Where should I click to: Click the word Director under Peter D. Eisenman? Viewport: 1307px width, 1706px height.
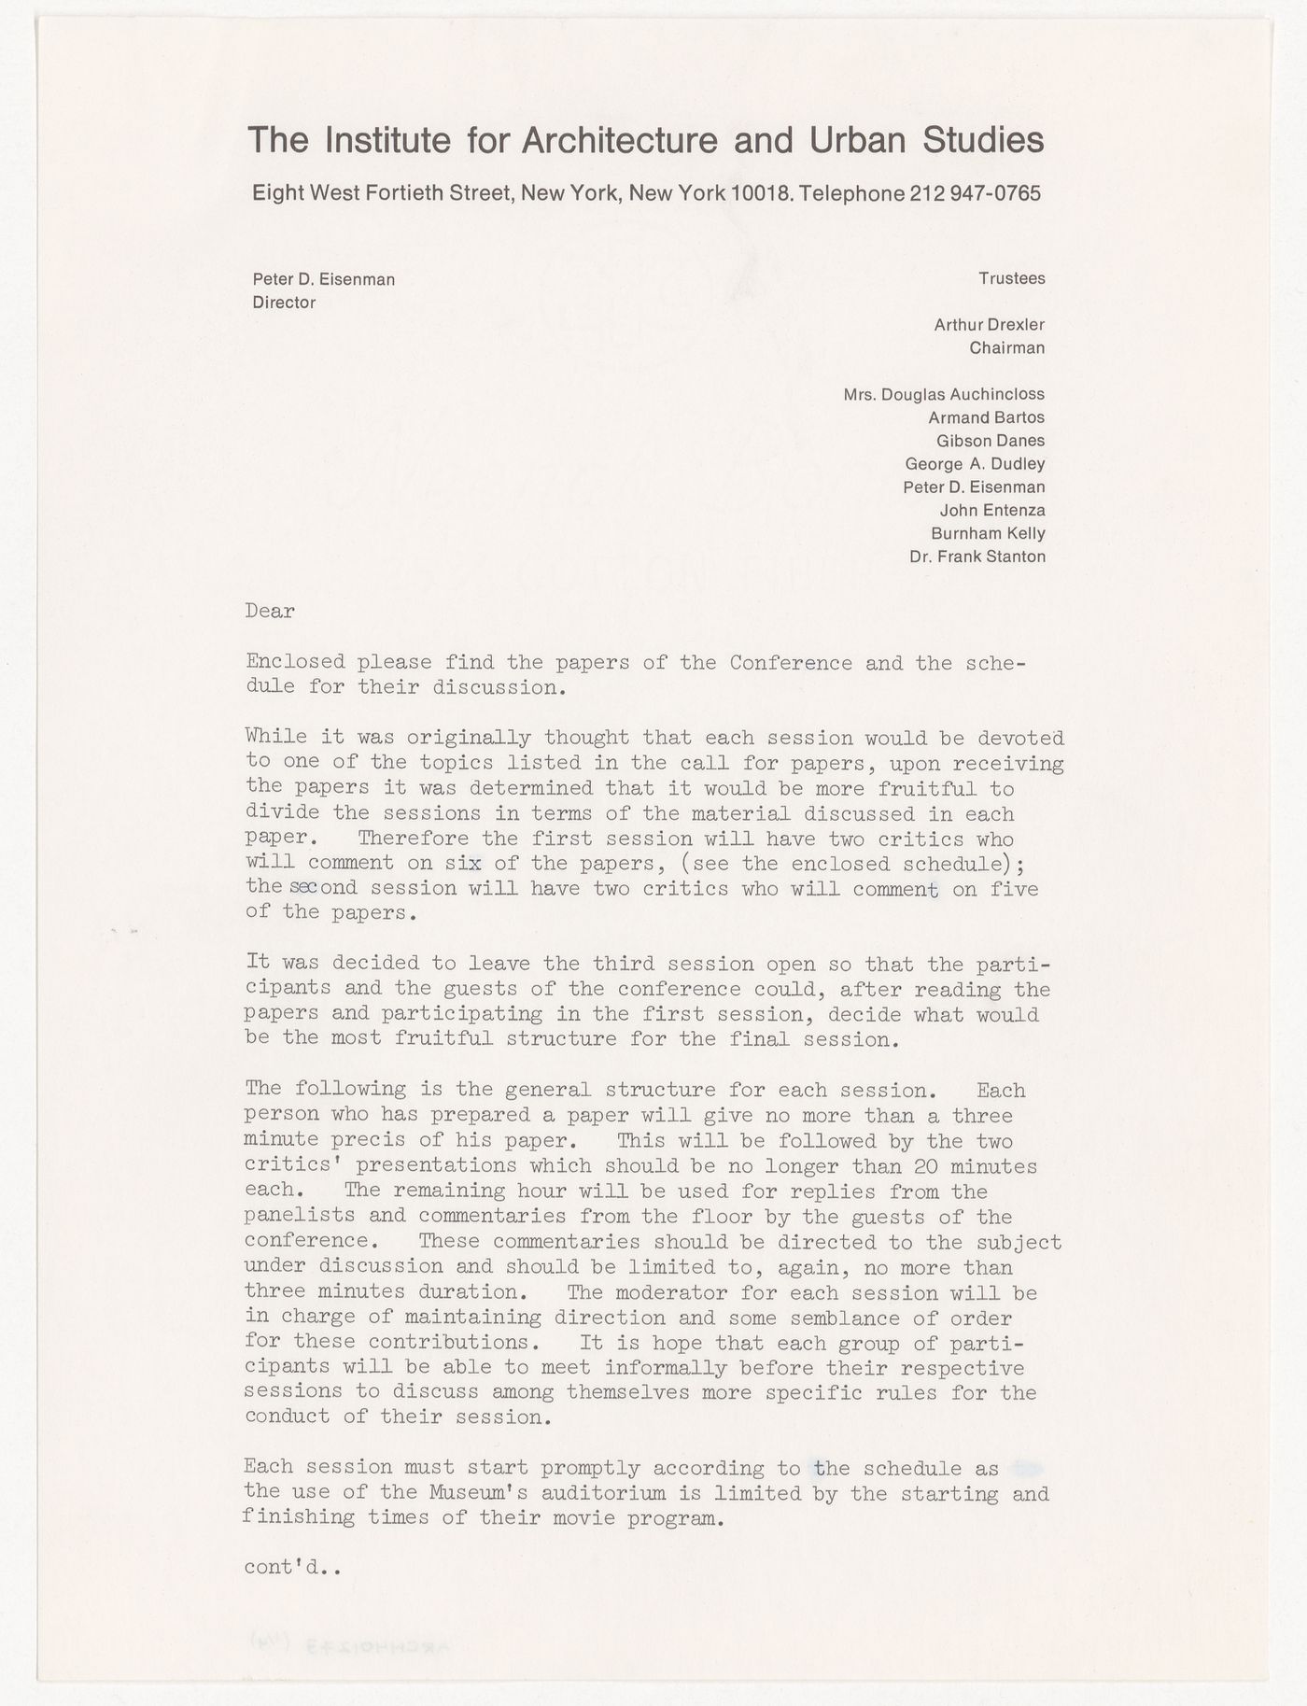(x=284, y=303)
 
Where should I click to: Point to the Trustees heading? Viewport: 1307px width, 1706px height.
(x=1011, y=278)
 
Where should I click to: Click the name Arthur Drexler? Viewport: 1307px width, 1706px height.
(x=989, y=325)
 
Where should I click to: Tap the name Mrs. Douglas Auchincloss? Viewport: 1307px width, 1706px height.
(x=944, y=394)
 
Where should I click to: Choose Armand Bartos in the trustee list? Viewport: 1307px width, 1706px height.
(x=986, y=417)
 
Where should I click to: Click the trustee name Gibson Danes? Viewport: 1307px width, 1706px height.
(x=990, y=441)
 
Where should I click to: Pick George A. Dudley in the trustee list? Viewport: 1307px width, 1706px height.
(x=975, y=464)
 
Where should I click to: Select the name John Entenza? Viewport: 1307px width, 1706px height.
(x=991, y=511)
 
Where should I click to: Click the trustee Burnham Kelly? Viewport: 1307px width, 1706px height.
(x=988, y=534)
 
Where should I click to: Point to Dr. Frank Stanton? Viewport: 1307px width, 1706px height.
(x=977, y=557)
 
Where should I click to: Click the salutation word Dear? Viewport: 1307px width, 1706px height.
(x=270, y=612)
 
